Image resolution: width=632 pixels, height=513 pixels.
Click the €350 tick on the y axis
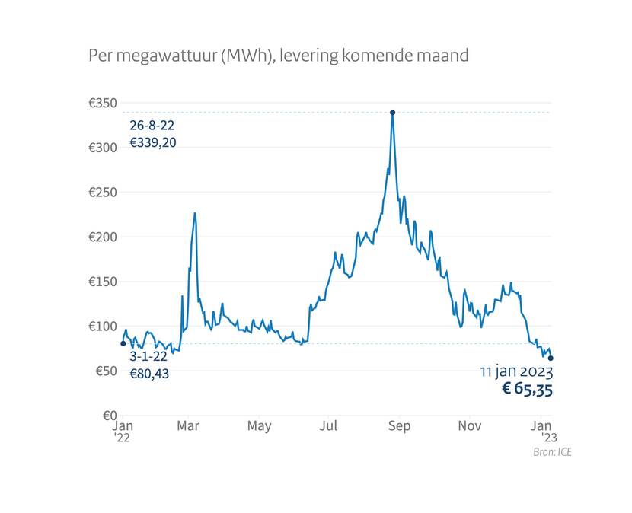pyautogui.click(x=103, y=103)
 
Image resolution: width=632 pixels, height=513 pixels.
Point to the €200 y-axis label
pyautogui.click(x=103, y=237)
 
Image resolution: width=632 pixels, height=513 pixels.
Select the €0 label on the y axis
pyautogui.click(x=107, y=416)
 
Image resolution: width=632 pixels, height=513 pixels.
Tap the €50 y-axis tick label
pyautogui.click(x=105, y=371)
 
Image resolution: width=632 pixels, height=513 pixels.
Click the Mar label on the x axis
pyautogui.click(x=188, y=426)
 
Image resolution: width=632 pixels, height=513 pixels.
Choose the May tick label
pyautogui.click(x=259, y=426)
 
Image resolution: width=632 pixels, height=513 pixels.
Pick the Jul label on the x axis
pyautogui.click(x=329, y=426)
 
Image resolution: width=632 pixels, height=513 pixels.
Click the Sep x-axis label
pyautogui.click(x=399, y=426)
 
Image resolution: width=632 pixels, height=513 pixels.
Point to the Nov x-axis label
pyautogui.click(x=469, y=426)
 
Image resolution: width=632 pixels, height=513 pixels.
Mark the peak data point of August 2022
pyautogui.click(x=392, y=113)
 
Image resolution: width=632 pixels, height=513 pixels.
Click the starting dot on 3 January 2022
pyautogui.click(x=123, y=343)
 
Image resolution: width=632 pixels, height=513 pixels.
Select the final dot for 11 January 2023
pyautogui.click(x=551, y=358)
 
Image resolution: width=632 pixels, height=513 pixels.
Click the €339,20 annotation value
pyautogui.click(x=153, y=142)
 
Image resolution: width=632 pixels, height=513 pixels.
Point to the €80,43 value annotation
pyautogui.click(x=149, y=374)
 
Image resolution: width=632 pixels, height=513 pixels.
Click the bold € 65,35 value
pyautogui.click(x=527, y=390)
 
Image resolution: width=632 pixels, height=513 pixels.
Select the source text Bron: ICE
pyautogui.click(x=553, y=452)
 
